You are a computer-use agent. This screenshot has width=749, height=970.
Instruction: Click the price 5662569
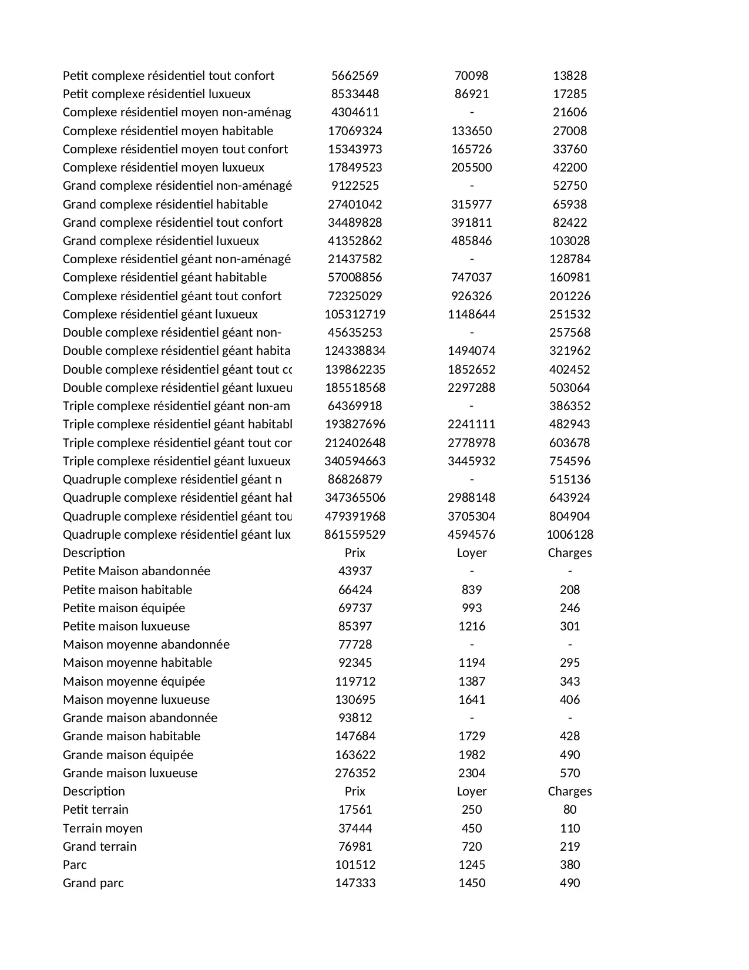pyautogui.click(x=355, y=76)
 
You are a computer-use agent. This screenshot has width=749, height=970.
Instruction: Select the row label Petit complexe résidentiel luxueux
pyautogui.click(x=157, y=94)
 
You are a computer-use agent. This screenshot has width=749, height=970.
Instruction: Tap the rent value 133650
pyautogui.click(x=471, y=131)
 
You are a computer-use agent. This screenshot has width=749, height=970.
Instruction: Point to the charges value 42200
pyautogui.click(x=569, y=167)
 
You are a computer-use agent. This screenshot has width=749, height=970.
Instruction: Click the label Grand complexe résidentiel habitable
pyautogui.click(x=165, y=204)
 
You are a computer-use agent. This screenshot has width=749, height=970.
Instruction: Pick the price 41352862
pyautogui.click(x=355, y=241)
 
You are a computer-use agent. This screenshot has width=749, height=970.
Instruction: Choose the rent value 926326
pyautogui.click(x=471, y=296)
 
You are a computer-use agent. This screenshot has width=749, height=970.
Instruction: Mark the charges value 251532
pyautogui.click(x=569, y=314)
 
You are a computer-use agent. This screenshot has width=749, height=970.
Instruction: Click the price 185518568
pyautogui.click(x=355, y=388)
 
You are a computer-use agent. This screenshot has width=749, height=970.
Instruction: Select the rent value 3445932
pyautogui.click(x=471, y=461)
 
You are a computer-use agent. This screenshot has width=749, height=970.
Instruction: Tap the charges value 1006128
pyautogui.click(x=569, y=535)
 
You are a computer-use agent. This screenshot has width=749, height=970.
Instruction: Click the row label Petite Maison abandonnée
pyautogui.click(x=136, y=571)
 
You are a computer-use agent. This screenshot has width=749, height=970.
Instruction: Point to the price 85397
pyautogui.click(x=355, y=626)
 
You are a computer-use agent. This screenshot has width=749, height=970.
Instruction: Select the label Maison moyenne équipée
pyautogui.click(x=134, y=682)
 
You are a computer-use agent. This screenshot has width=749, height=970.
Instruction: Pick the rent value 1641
pyautogui.click(x=471, y=700)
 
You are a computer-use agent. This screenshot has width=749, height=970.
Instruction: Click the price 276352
pyautogui.click(x=355, y=773)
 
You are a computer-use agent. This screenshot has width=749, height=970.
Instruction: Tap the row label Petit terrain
pyautogui.click(x=96, y=810)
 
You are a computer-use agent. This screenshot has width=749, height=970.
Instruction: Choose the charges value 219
pyautogui.click(x=569, y=847)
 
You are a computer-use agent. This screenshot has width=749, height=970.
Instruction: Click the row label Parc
pyautogui.click(x=75, y=865)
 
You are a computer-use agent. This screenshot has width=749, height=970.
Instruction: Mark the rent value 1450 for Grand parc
pyautogui.click(x=471, y=883)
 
